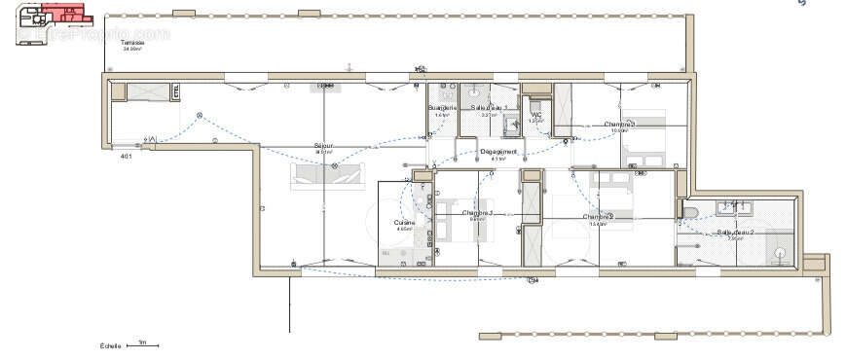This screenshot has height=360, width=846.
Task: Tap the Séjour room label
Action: coord(323,147)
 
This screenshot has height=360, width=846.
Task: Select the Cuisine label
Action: coord(404,223)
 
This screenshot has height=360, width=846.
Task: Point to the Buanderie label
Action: coord(442,108)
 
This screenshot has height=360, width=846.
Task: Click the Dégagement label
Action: coord(498,152)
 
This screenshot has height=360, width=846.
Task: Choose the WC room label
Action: coord(535,115)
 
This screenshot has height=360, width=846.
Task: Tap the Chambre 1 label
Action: coord(477,213)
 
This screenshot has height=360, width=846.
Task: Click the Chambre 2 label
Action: coord(598,217)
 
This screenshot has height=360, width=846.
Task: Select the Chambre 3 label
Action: coord(619,125)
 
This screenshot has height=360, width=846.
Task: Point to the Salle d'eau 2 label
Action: coord(736,234)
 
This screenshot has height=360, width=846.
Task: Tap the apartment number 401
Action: coord(126,156)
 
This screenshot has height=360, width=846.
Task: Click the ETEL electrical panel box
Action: coord(175,92)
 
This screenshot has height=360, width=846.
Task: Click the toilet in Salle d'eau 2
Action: coord(689,213)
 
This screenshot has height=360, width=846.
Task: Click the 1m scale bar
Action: coord(142,344)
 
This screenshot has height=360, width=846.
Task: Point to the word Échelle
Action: coord(110,345)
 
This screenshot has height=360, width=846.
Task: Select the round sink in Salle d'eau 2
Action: coord(780,253)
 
